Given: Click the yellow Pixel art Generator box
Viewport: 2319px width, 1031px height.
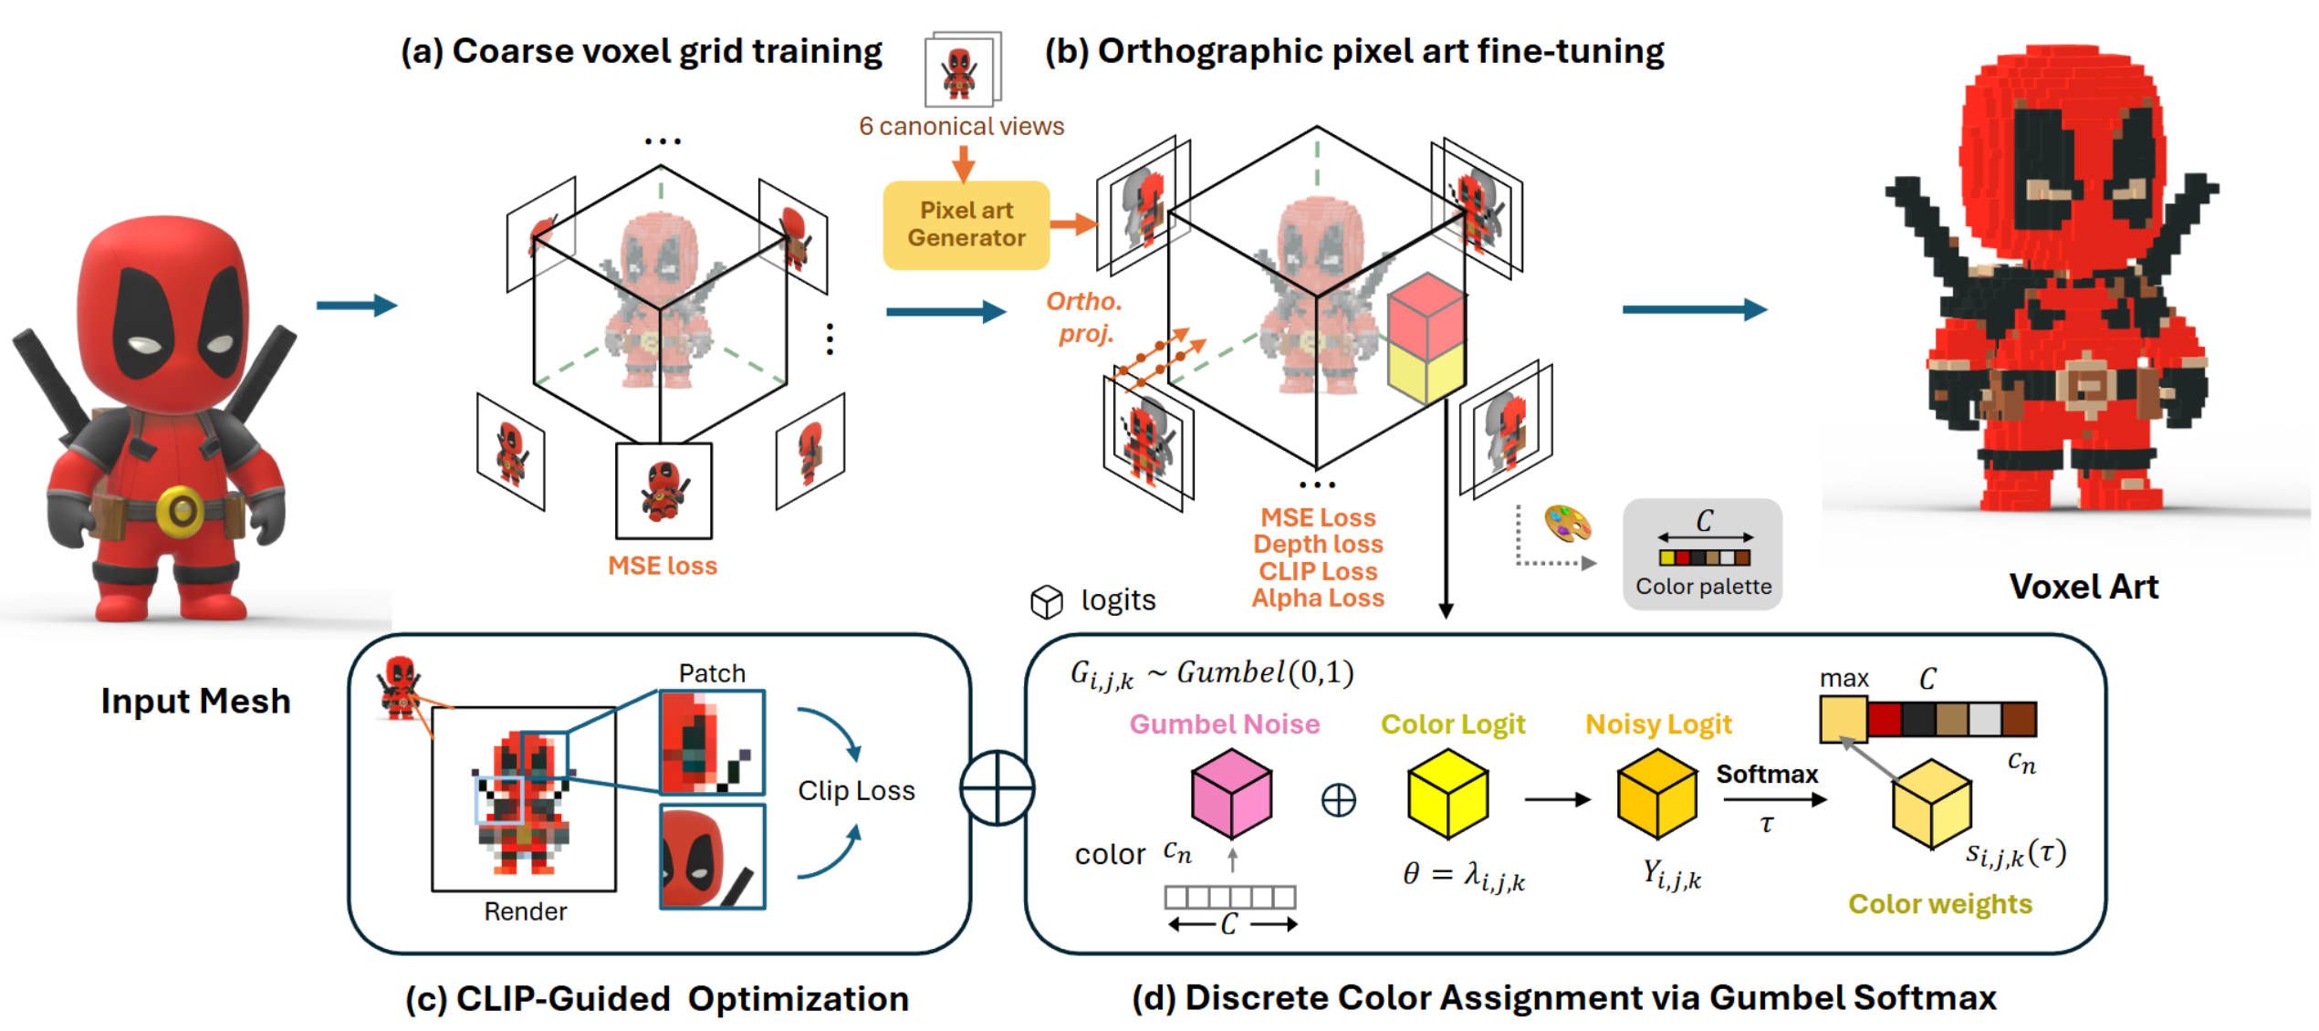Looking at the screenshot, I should click(966, 224).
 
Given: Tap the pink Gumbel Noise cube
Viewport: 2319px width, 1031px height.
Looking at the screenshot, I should click(1231, 793).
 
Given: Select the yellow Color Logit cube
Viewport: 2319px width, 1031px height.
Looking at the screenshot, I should click(1447, 793).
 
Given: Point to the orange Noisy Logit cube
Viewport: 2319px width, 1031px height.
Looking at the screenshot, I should click(1656, 793).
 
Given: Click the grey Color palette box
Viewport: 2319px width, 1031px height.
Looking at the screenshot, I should click(1702, 554).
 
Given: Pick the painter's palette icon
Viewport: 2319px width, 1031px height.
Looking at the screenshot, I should click(1567, 525).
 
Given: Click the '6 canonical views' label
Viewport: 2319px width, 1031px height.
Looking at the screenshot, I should click(961, 126).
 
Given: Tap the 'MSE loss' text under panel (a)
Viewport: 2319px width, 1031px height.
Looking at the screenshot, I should click(663, 566).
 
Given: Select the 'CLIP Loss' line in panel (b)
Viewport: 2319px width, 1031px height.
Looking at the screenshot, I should click(1318, 571).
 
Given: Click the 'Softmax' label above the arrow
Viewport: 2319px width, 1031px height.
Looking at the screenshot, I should click(1767, 774).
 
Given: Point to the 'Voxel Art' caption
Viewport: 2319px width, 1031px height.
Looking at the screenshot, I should click(2084, 587).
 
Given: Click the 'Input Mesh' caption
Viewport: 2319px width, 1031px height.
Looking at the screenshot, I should click(195, 701).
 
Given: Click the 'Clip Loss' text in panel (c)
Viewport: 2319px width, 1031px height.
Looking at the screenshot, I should click(856, 790).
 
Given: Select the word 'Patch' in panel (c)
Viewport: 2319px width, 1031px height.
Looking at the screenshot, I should click(712, 673).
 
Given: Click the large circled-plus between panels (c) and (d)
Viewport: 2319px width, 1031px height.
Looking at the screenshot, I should click(998, 788).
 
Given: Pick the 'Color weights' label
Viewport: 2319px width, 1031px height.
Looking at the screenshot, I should click(1940, 903).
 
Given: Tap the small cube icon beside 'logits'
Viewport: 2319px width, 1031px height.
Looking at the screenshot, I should click(1046, 601).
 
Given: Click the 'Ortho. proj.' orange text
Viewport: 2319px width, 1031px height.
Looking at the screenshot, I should click(1084, 317).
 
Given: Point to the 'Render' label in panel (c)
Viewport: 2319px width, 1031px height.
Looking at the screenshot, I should click(525, 911).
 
